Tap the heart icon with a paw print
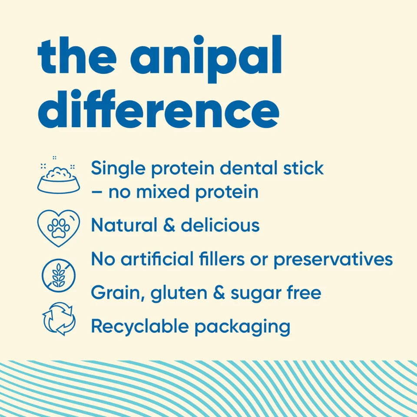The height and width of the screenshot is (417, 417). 59,227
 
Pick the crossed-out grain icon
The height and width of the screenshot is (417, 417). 59,275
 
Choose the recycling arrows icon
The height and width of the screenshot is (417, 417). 59,319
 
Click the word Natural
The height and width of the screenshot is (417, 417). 124,225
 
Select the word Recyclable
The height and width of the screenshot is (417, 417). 139,326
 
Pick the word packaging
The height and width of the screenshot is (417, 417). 242,327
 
